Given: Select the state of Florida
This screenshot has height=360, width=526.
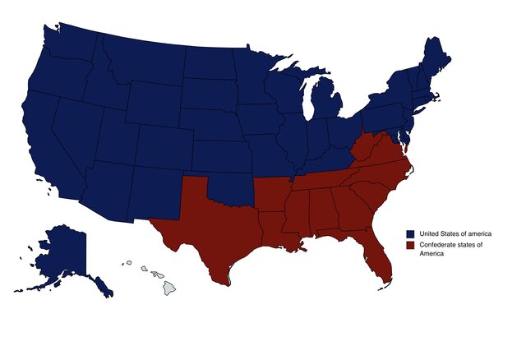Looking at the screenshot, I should pos(376,256).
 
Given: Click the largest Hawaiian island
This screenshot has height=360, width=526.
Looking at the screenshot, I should pos(168,288).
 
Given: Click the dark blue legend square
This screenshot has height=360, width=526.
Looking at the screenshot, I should pos(410,233).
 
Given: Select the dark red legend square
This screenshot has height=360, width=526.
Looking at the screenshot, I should pos(410,245).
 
